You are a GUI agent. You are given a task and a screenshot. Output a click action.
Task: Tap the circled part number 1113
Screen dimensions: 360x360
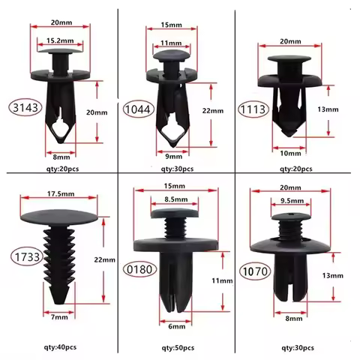[252, 107]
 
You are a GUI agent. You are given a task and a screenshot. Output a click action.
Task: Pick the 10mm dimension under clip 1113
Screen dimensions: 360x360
[289, 153]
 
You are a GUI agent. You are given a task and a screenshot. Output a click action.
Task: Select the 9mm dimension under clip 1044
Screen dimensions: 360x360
[173, 157]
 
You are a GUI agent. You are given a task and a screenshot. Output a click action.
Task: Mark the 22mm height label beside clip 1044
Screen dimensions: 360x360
[214, 110]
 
